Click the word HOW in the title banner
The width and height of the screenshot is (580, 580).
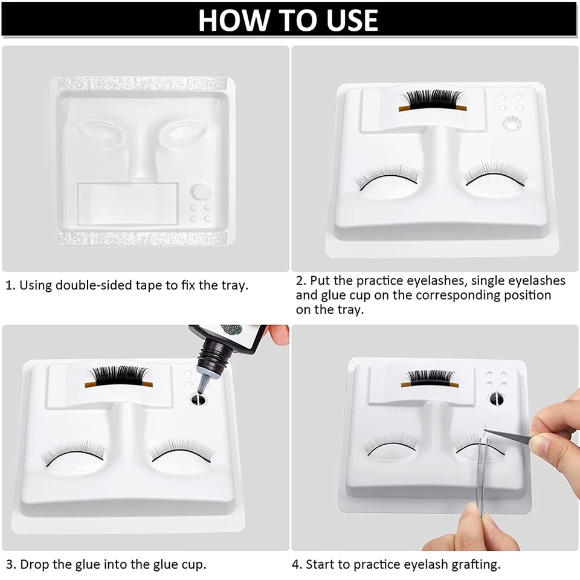(x=233, y=20)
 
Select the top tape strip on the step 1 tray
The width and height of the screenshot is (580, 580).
(x=143, y=83)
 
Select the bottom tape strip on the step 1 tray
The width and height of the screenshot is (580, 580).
(x=143, y=239)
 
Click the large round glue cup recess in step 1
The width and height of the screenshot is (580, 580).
(x=201, y=192)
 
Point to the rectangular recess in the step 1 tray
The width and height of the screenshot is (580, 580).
(x=128, y=204)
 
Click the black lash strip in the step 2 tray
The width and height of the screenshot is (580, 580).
(x=433, y=100)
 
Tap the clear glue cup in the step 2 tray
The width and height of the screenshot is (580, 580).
(x=512, y=123)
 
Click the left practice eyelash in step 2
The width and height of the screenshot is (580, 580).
(x=387, y=178)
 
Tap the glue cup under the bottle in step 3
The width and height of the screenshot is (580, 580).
(x=198, y=399)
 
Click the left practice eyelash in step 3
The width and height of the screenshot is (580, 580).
(x=73, y=453)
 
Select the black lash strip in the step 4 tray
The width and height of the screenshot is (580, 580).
(x=430, y=379)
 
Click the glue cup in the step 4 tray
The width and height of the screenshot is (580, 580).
(x=497, y=399)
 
